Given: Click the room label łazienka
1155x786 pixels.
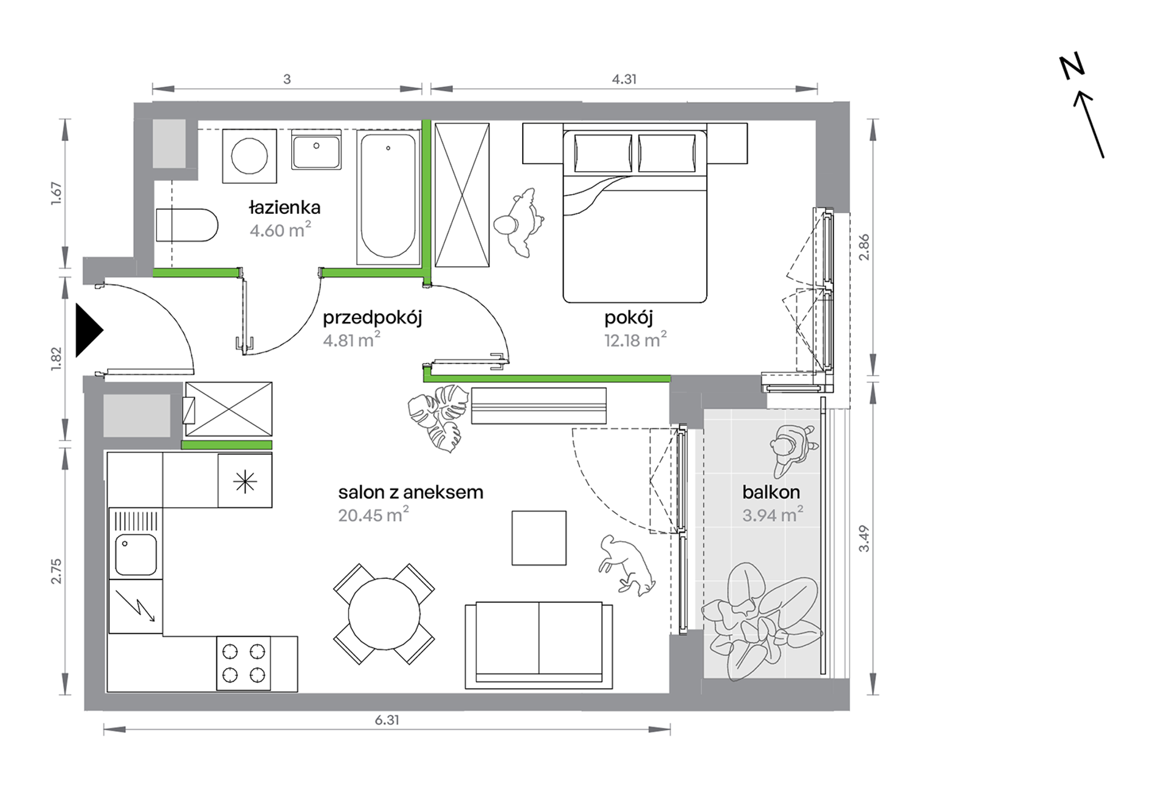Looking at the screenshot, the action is click(x=284, y=208).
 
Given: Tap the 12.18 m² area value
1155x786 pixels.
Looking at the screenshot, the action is click(x=635, y=339).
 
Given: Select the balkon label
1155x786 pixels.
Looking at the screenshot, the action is click(x=771, y=492).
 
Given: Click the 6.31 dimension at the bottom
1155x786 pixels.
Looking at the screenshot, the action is click(x=387, y=720).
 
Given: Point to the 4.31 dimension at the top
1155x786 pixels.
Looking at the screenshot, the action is click(x=624, y=79).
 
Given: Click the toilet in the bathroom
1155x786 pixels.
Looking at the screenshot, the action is click(x=187, y=225).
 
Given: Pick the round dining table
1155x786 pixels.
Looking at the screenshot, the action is click(x=384, y=615).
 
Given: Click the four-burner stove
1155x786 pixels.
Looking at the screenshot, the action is click(x=244, y=663).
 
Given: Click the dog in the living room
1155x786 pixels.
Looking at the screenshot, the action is click(x=627, y=564).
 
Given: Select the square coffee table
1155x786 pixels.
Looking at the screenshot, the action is click(x=539, y=538).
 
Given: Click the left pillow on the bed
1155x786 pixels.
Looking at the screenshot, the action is click(x=602, y=152).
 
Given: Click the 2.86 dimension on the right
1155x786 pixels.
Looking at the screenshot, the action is click(x=864, y=247).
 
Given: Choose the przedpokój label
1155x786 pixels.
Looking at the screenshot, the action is click(x=372, y=318).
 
